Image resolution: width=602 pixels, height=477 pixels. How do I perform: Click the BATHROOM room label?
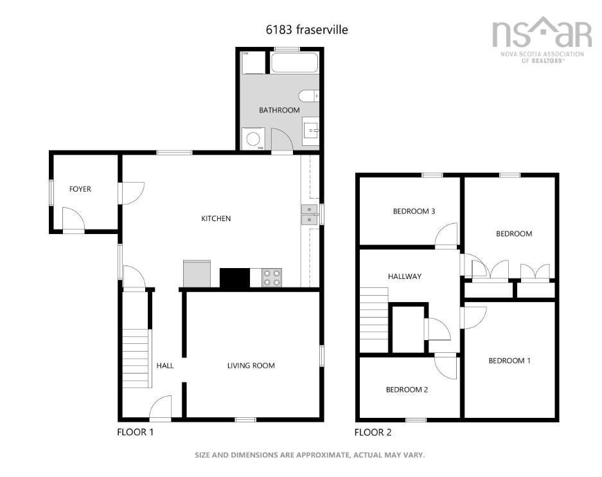pyautogui.click(x=279, y=110)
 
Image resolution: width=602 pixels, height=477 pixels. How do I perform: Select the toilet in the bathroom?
pyautogui.click(x=310, y=96)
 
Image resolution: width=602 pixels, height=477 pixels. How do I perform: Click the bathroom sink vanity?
pyautogui.click(x=310, y=131)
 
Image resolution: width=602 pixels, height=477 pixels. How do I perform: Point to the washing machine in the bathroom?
pyautogui.click(x=252, y=138)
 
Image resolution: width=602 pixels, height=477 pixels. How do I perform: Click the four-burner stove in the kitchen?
pyautogui.click(x=271, y=277)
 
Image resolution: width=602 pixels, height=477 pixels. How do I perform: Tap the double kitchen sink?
pyautogui.click(x=308, y=215)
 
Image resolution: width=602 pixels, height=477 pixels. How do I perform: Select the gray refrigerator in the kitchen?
pyautogui.click(x=197, y=273)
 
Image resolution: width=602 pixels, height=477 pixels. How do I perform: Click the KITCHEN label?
pyautogui.click(x=216, y=219)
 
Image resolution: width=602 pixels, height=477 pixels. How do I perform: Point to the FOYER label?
pyautogui.click(x=80, y=189)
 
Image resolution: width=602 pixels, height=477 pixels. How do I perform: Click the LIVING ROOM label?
pyautogui.click(x=251, y=366)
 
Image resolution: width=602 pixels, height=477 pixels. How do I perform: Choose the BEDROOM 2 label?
pyautogui.click(x=407, y=390)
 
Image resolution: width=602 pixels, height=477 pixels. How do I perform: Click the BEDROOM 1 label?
pyautogui.click(x=509, y=361)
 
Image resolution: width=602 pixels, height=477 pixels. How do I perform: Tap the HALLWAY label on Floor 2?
pyautogui.click(x=405, y=276)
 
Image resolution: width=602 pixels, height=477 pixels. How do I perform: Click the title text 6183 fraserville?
pyautogui.click(x=307, y=30)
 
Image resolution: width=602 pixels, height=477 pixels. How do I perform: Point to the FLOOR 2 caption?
pyautogui.click(x=373, y=433)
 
